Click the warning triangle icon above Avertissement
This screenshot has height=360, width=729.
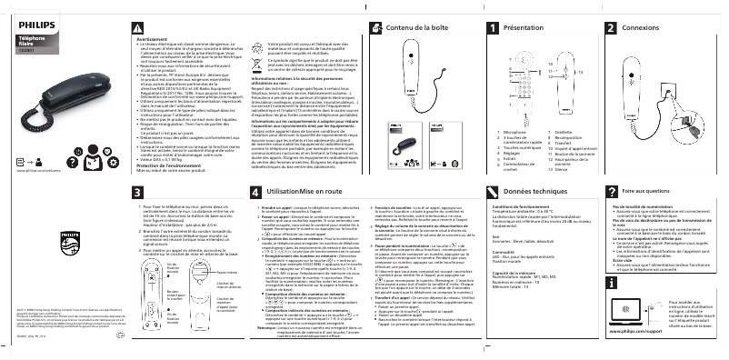point(142,30)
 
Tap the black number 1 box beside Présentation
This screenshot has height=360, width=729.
point(493,29)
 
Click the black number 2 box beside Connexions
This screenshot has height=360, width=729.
point(612,29)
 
